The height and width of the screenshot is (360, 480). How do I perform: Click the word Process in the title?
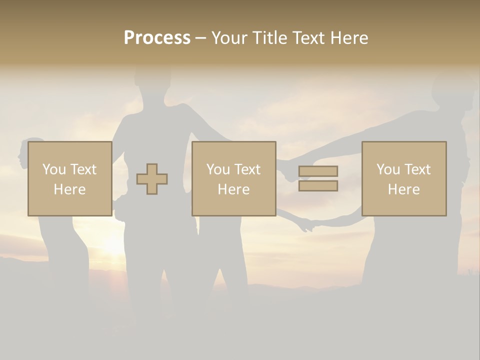(157, 38)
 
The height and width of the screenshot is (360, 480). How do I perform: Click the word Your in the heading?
(229, 38)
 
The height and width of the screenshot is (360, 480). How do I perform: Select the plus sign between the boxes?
(152, 179)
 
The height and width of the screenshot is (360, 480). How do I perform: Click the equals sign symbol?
(318, 178)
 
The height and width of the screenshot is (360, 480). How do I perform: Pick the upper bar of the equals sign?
(318, 171)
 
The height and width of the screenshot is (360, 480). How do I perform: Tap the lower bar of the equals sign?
(318, 186)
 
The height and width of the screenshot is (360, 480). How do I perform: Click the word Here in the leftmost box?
(69, 189)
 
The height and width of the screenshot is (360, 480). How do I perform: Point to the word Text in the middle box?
(247, 169)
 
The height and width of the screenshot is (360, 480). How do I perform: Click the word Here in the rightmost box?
(403, 189)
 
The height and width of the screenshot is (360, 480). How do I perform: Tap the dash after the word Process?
(200, 38)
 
